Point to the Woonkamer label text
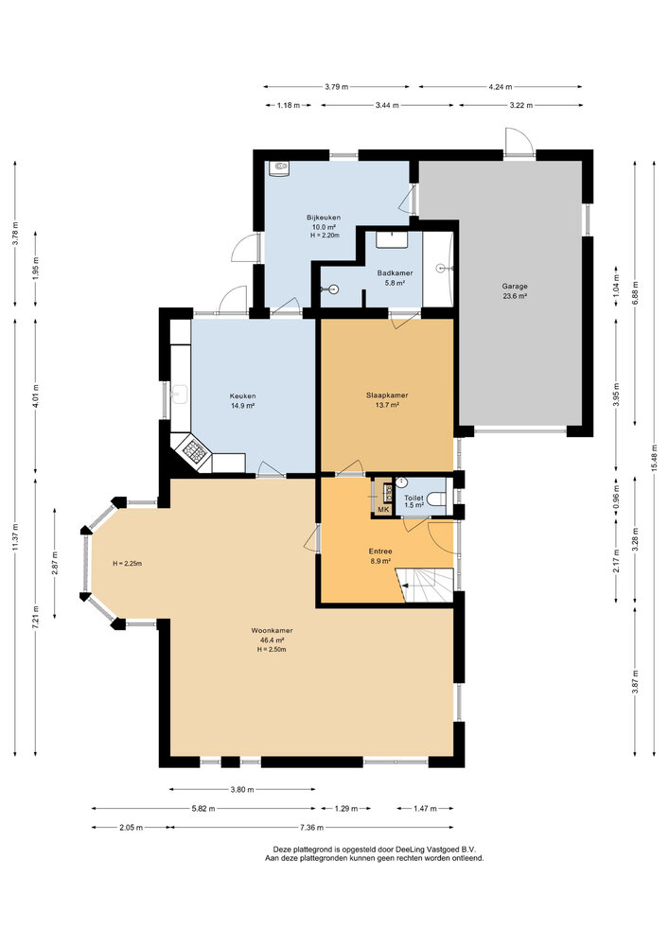click(272, 630)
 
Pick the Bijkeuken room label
click(323, 217)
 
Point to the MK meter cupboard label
click(383, 510)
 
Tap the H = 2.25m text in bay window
click(126, 563)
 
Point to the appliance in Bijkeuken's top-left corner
click(279, 169)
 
